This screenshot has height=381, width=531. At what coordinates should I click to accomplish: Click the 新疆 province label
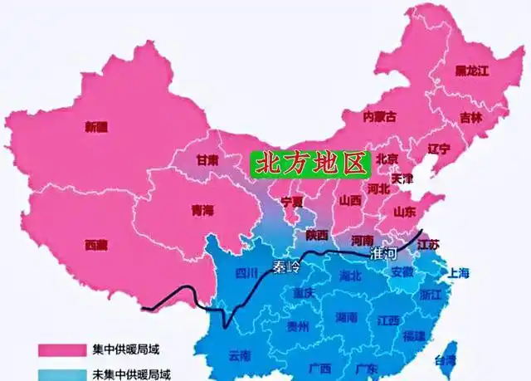click(x=96, y=127)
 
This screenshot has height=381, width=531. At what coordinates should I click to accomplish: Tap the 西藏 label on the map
click(x=96, y=245)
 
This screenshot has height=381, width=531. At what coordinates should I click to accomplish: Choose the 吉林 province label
click(x=470, y=117)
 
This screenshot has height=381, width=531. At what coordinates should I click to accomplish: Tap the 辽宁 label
click(x=439, y=149)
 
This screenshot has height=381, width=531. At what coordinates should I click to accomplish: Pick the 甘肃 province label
click(x=207, y=159)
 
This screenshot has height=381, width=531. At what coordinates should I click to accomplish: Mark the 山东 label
click(x=404, y=211)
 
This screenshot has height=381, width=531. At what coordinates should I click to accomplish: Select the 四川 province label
click(x=247, y=272)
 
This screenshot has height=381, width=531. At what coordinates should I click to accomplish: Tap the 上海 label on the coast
click(x=458, y=272)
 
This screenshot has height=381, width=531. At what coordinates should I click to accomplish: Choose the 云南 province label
click(x=239, y=356)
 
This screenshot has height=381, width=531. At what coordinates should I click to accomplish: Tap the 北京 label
click(x=387, y=159)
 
